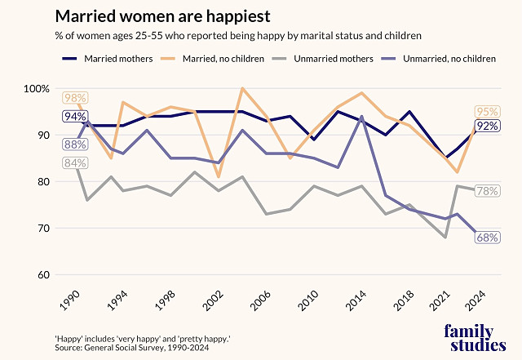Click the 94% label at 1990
click(75, 117)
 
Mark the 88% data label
click(75, 144)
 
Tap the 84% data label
click(75, 163)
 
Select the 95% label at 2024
click(488, 112)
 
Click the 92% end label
click(488, 126)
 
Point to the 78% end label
click(488, 191)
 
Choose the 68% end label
click(488, 238)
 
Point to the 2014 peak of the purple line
click(361, 117)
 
